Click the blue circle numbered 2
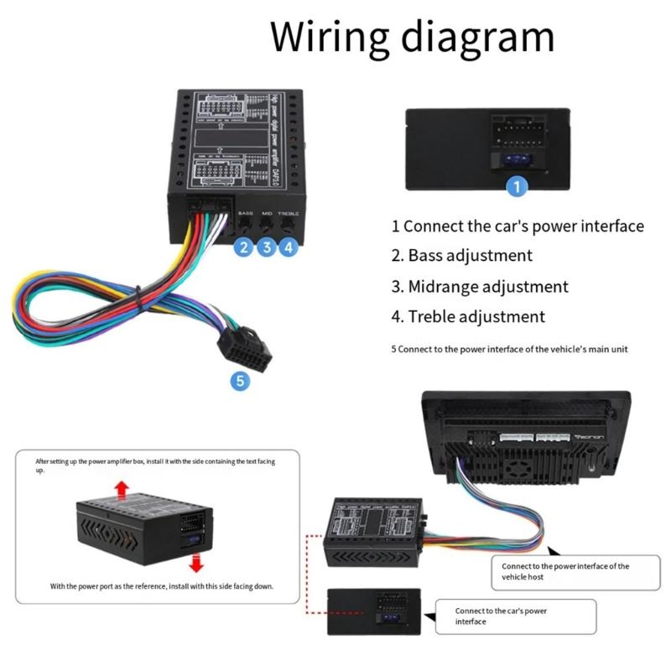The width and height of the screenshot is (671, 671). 244,247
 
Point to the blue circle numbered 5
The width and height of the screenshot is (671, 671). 241,382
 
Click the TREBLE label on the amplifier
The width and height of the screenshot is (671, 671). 289,214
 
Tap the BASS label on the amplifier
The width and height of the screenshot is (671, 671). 245,214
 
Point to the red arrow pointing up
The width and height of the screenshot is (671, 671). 122,487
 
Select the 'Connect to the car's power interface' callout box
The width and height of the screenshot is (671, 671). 516,616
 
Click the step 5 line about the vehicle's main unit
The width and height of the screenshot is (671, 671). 509,349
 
